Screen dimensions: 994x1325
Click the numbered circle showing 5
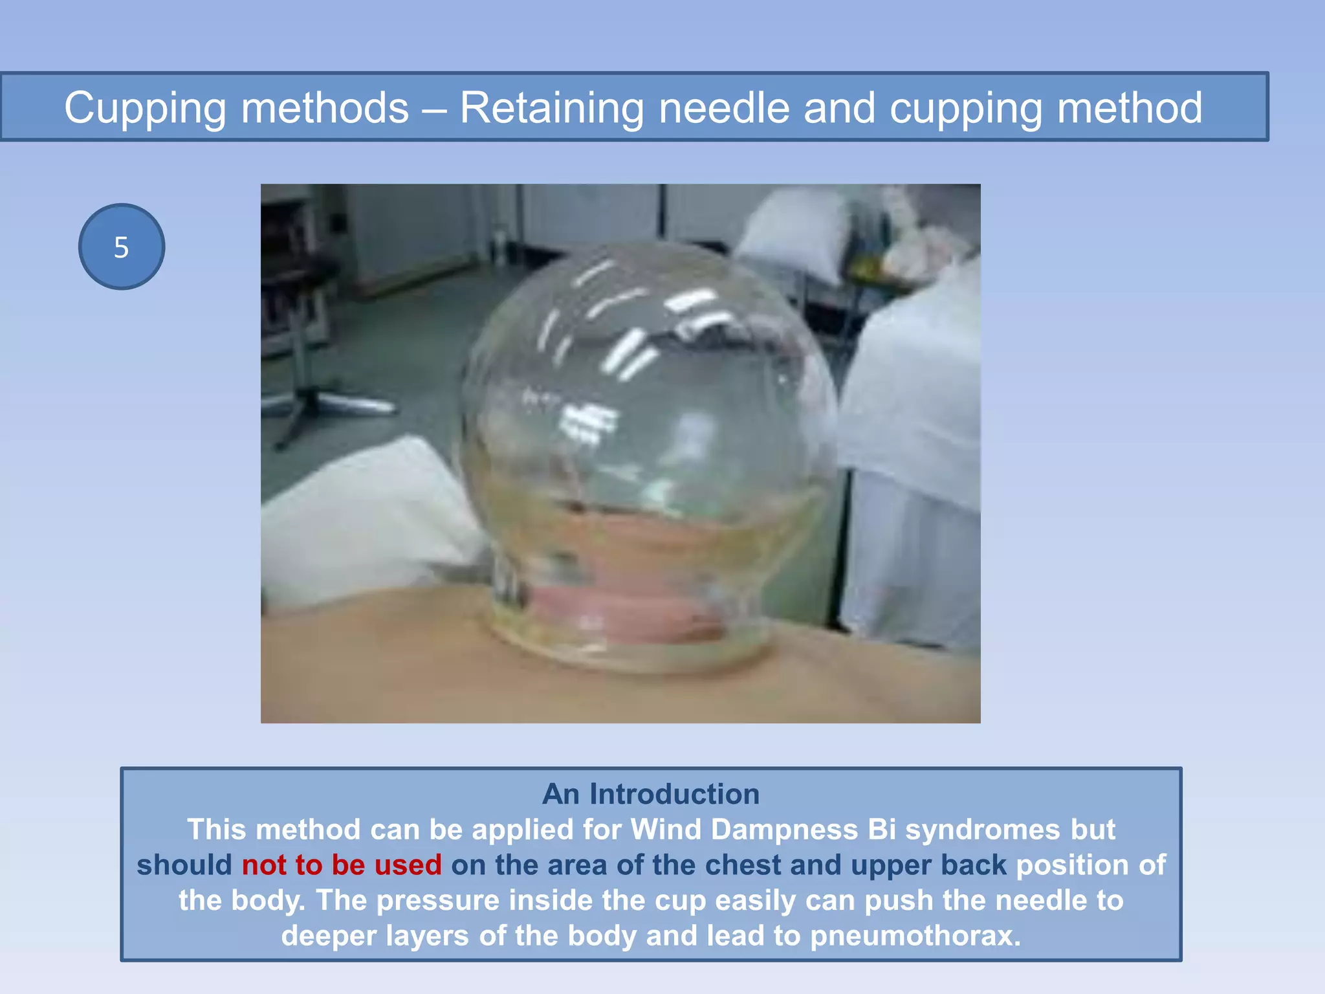[x=122, y=247]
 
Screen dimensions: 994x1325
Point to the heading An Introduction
[x=651, y=794]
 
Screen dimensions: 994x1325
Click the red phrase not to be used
[x=342, y=865]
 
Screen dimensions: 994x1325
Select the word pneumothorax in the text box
[x=915, y=936]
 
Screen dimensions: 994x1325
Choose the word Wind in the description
[x=666, y=830]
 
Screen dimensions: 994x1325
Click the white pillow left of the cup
[x=369, y=518]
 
